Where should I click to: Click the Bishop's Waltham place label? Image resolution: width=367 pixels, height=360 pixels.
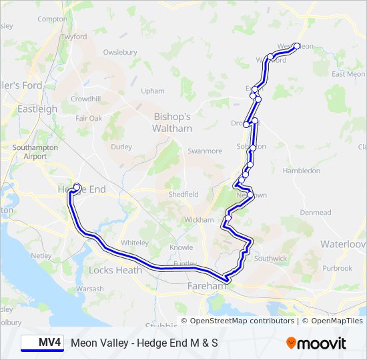pyautogui.click(x=171, y=122)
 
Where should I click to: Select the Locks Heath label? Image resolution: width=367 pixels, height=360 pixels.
pyautogui.click(x=115, y=270)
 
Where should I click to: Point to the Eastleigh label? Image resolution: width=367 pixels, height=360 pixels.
pyautogui.click(x=37, y=109)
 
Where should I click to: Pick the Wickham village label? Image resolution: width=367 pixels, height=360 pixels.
pyautogui.click(x=200, y=219)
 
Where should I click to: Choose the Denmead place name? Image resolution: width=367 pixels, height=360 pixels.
pyautogui.click(x=315, y=213)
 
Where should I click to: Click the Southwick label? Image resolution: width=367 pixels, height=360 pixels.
pyautogui.click(x=270, y=257)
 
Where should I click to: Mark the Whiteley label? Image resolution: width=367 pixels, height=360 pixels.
pyautogui.click(x=135, y=243)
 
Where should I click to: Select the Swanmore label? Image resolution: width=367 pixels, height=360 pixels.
pyautogui.click(x=205, y=151)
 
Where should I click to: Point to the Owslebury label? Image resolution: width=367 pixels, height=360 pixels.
pyautogui.click(x=120, y=52)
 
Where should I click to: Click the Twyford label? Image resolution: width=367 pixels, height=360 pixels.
pyautogui.click(x=73, y=37)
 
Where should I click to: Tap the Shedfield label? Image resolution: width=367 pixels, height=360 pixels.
pyautogui.click(x=183, y=194)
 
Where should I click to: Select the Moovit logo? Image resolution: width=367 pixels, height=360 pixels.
pyautogui.click(x=316, y=343)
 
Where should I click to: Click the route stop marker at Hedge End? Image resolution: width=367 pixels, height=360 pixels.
pyautogui.click(x=77, y=187)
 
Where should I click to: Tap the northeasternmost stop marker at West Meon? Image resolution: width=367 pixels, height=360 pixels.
pyautogui.click(x=297, y=47)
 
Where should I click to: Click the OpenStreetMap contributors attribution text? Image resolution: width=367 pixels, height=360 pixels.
pyautogui.click(x=242, y=321)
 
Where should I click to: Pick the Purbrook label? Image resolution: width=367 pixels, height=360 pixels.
pyautogui.click(x=337, y=268)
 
